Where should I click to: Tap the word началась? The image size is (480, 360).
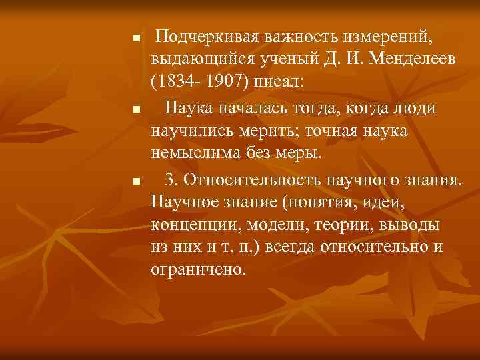260,107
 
